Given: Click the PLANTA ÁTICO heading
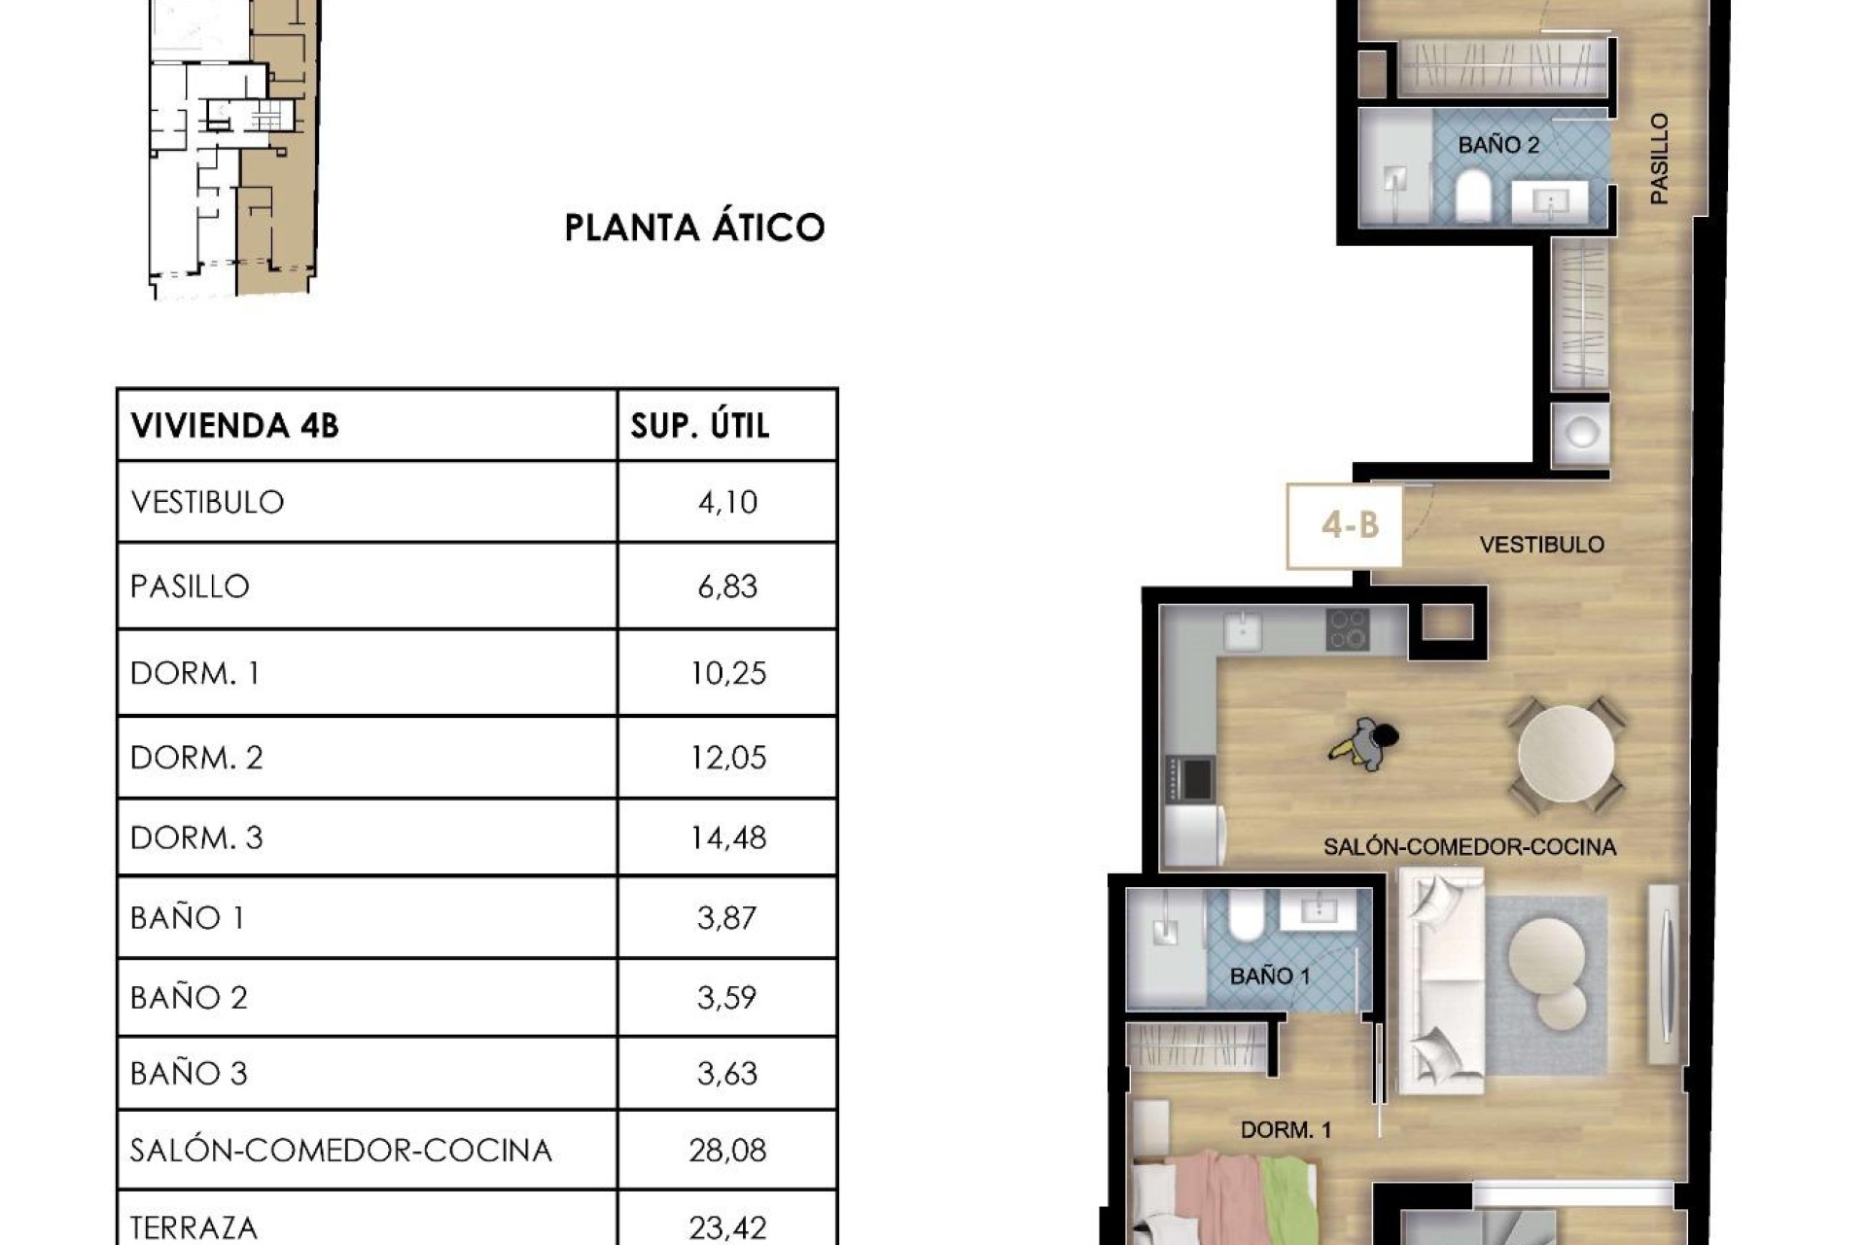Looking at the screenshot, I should point(694,228).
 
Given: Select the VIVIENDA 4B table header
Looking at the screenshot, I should point(234,426).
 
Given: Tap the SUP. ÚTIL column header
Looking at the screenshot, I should point(700,426).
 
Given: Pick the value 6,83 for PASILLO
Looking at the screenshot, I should point(726,587).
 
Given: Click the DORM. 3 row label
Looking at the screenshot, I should point(196,837).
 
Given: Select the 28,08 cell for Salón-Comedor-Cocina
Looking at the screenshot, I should point(726,1151).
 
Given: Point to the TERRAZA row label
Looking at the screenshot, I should point(194,1227).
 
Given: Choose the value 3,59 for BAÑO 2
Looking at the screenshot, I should point(726,998).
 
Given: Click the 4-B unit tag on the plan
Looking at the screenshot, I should point(1349,526).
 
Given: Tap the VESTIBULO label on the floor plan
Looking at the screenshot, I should point(1541,545).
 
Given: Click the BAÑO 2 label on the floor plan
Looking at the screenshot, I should point(1497,146).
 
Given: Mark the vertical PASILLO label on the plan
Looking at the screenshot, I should point(1659,159).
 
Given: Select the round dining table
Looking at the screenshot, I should point(1566,754).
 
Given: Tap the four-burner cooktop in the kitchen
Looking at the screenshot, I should point(1348,629).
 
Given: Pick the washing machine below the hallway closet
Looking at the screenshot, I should point(1580,433).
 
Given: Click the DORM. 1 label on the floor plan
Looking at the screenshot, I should point(1285,1130).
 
